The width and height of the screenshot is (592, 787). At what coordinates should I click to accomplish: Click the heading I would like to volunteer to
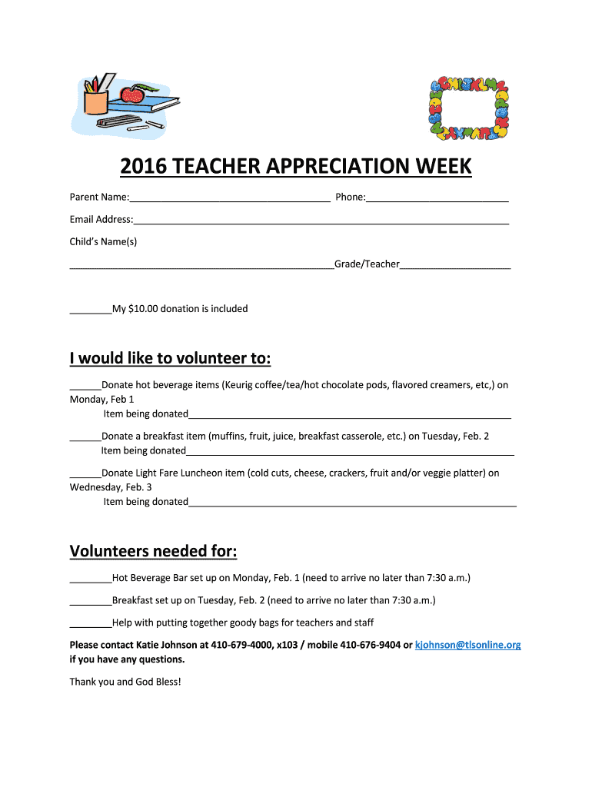[170, 359]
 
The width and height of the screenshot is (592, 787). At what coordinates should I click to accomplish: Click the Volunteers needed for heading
[153, 552]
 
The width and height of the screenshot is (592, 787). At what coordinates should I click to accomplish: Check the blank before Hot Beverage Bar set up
[91, 579]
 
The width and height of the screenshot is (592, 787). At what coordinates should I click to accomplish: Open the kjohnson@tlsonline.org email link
[467, 645]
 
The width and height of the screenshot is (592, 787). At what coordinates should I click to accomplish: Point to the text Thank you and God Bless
[125, 682]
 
